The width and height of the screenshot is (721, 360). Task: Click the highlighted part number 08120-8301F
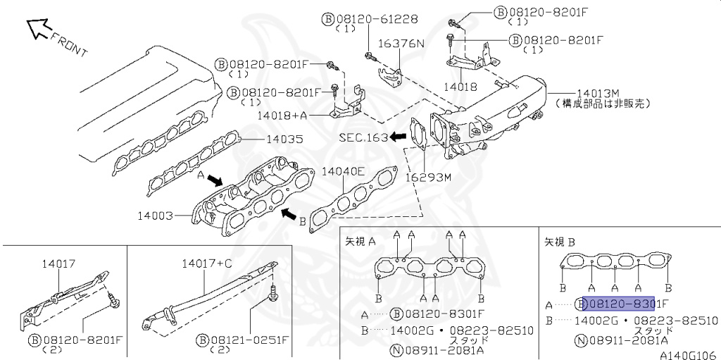point(617,304)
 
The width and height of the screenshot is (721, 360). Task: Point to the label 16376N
point(401,44)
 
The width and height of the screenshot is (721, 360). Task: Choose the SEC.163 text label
point(363,137)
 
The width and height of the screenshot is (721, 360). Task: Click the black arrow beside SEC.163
point(399,137)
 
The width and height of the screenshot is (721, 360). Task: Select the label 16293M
point(428,177)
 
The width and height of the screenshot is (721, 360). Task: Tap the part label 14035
point(284,139)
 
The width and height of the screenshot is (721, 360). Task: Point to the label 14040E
point(343,171)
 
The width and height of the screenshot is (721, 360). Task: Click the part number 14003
point(156,216)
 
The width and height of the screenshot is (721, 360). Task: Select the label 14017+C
point(206,263)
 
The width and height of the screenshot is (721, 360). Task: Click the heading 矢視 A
point(360,241)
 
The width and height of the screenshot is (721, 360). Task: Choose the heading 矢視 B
point(560,241)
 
